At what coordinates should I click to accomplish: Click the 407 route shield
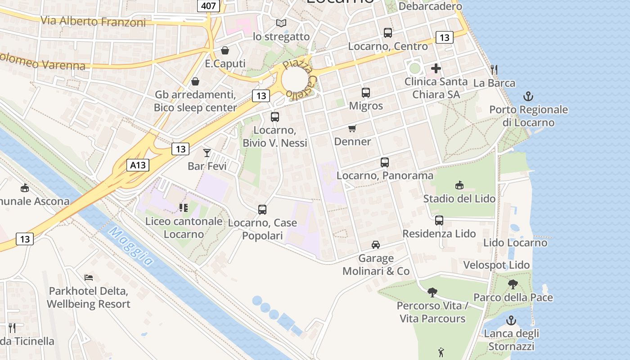(208, 6)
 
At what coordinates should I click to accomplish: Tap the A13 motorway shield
(138, 165)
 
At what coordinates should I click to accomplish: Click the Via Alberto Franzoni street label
(93, 21)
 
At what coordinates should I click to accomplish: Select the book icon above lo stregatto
(281, 23)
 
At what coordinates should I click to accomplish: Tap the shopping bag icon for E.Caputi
(225, 50)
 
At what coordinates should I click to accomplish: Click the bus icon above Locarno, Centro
(388, 33)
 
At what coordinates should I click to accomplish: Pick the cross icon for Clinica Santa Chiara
(436, 69)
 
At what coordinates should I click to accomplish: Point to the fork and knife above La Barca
(494, 69)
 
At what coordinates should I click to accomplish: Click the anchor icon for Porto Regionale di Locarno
(528, 96)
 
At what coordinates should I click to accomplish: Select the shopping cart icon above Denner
(352, 129)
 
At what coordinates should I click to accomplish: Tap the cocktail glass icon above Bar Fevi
(207, 153)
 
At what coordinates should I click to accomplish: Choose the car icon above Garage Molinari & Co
(376, 245)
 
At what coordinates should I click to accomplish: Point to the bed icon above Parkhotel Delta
(89, 278)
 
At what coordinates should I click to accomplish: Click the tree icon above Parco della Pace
(513, 284)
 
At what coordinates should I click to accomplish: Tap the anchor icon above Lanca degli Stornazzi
(511, 320)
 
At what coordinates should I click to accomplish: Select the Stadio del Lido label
(459, 198)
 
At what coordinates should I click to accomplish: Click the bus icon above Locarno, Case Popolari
(262, 210)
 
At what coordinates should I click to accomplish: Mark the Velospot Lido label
(496, 265)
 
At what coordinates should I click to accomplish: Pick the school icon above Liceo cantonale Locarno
(183, 207)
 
